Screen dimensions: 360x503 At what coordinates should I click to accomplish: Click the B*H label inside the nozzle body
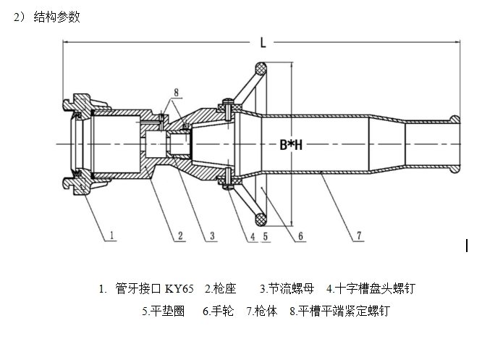pos(291,144)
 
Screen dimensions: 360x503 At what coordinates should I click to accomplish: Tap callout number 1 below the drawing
pos(114,234)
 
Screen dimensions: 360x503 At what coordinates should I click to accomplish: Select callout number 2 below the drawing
pos(180,234)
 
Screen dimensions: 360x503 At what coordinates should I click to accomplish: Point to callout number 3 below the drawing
pos(211,234)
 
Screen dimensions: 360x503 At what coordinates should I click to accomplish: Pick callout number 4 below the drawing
pos(253,235)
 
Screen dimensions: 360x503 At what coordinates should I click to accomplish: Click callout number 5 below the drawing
pos(266,235)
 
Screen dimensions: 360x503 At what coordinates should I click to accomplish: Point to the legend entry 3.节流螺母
pos(287,289)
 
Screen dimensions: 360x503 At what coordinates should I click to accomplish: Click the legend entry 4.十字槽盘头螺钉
pos(371,289)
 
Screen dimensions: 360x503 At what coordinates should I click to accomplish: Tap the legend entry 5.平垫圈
pos(164,311)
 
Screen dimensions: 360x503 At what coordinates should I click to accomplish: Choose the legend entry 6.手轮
pos(218,311)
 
